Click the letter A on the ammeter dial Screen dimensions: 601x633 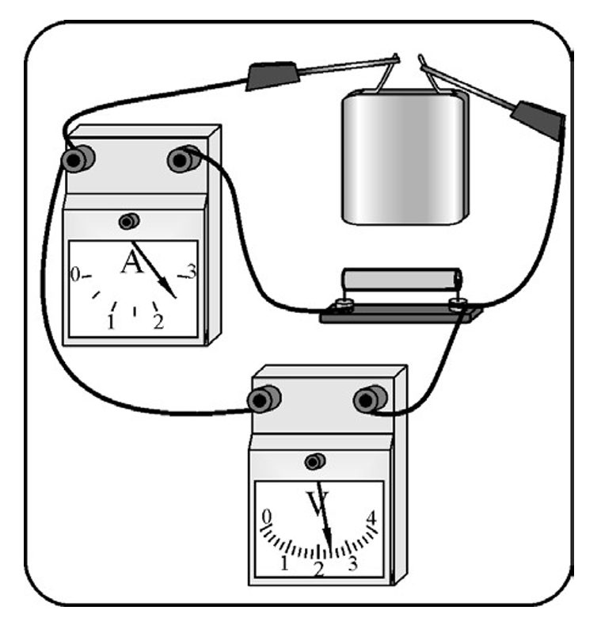132,262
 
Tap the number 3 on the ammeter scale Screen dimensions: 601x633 191,271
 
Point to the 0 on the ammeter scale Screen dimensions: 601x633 75,275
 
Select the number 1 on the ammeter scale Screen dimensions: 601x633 111,322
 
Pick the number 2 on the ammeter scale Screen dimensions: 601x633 158,322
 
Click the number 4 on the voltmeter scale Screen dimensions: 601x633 371,518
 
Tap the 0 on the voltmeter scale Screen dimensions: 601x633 267,517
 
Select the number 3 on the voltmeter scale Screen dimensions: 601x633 352,563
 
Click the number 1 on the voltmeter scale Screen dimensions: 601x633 284,563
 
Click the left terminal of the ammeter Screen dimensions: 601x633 78,159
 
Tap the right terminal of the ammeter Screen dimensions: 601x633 184,159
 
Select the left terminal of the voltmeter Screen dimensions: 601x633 264,398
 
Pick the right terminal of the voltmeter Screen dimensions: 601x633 370,398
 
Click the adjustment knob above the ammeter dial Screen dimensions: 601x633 129,221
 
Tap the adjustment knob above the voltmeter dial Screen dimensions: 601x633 315,461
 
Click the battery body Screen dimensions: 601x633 405,158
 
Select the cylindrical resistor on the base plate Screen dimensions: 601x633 402,280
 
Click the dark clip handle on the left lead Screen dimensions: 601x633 272,75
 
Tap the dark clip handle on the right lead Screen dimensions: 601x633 538,120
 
